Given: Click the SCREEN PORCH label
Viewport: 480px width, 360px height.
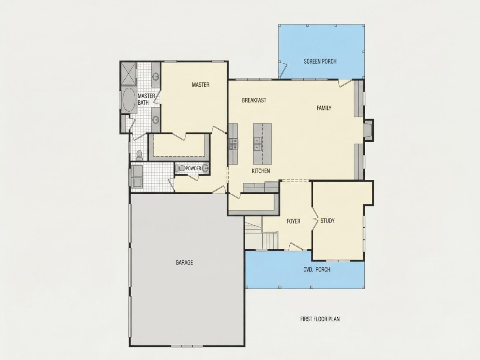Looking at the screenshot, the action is (x=320, y=61).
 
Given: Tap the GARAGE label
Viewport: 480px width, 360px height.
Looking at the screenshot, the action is (x=184, y=262).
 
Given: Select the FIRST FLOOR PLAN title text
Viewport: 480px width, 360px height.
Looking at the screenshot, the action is (x=320, y=319).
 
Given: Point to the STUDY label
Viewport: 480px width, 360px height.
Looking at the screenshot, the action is (x=327, y=221).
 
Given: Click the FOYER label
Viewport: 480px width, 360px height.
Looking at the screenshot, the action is (x=293, y=221).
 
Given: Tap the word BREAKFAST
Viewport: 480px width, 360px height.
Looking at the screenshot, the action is (x=254, y=100).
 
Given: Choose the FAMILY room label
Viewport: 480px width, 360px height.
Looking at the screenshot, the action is (x=324, y=108).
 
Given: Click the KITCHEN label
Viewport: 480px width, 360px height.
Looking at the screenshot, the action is (x=261, y=171).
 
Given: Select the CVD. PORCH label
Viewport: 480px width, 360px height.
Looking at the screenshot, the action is (x=317, y=269).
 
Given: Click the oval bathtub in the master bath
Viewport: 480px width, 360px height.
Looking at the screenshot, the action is (x=129, y=100).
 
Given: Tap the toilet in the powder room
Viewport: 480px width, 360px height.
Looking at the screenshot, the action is (x=181, y=168).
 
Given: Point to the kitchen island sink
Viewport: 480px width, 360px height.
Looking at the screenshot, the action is (x=257, y=144).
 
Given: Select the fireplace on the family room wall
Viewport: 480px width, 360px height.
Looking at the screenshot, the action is (x=368, y=130).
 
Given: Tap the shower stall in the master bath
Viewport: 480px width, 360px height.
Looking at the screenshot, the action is (x=128, y=73).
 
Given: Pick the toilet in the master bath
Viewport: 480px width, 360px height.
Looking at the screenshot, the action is (x=139, y=155).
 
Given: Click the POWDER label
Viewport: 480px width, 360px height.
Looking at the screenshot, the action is (x=193, y=168).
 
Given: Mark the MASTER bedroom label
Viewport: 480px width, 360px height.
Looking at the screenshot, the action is (x=201, y=85).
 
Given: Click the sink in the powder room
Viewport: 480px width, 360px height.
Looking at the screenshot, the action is (x=205, y=168).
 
